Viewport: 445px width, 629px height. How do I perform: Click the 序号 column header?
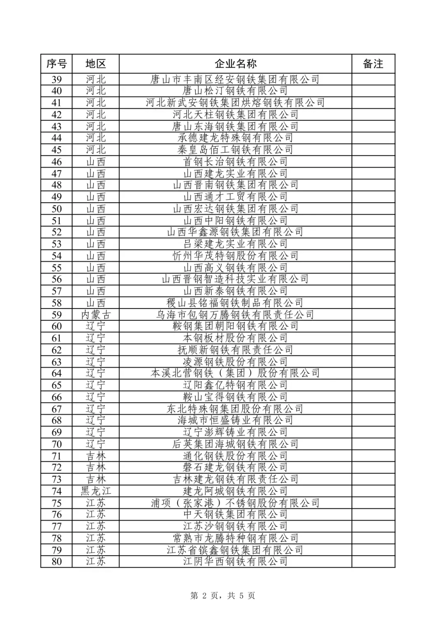[56, 64]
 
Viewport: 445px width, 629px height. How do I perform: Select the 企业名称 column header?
[235, 64]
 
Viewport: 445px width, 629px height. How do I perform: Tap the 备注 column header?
[373, 64]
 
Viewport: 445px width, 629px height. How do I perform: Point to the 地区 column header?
[96, 64]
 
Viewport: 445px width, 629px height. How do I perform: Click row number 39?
[56, 79]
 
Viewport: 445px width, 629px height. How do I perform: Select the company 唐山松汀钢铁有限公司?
[235, 91]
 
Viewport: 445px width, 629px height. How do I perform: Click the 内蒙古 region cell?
[96, 315]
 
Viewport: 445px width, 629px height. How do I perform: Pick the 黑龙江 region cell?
[96, 491]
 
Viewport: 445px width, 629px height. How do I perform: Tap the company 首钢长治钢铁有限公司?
[235, 161]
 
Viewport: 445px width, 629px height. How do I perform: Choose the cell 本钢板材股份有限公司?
[235, 338]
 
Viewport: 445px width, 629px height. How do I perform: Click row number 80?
[56, 561]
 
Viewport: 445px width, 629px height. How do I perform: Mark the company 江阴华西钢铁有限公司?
[235, 561]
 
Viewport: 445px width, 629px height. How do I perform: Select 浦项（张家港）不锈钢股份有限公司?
[235, 503]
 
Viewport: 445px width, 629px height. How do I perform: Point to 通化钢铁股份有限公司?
[235, 456]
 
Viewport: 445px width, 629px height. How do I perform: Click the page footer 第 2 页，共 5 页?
[222, 596]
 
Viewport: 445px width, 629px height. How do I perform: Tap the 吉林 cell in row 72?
[96, 468]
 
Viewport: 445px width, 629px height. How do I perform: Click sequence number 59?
[56, 315]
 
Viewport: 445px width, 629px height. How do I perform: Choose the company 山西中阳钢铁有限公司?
[235, 220]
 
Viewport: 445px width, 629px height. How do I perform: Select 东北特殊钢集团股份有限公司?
[235, 409]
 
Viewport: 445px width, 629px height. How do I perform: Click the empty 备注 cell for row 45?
[373, 150]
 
